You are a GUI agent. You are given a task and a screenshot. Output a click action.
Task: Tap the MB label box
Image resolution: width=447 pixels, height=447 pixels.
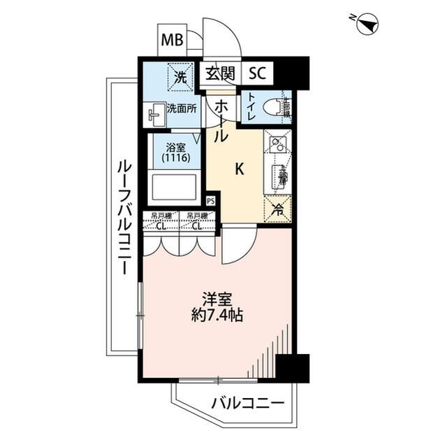coord(172,40)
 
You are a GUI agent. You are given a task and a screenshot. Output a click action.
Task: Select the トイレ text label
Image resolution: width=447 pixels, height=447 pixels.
coord(249,107)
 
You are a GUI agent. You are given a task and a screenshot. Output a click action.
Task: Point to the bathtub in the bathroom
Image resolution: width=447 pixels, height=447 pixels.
coord(175,188)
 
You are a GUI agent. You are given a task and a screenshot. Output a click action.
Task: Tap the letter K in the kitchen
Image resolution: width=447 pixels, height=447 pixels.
coord(239,169)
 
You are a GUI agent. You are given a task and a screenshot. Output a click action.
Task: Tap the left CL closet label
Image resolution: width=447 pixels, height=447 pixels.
coord(160,225)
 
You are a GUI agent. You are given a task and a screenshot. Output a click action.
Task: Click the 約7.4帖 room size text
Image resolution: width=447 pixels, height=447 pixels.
coord(219,315)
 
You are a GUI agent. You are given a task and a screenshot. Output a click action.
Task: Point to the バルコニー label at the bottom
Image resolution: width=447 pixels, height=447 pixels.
coord(247,404)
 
